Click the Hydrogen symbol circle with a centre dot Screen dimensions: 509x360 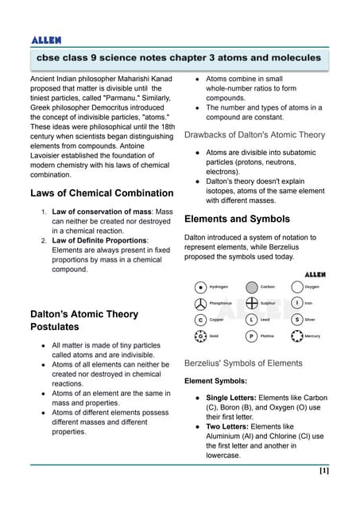(200, 286)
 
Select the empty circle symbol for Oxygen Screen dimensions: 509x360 (296, 286)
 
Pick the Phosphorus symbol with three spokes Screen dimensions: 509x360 (200, 303)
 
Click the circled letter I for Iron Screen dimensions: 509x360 (296, 303)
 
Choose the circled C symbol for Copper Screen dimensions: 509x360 (200, 320)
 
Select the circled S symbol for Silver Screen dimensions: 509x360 (296, 320)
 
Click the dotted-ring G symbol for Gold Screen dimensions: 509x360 (200, 336)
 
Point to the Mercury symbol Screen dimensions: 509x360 (296, 336)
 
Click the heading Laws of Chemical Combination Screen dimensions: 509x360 (101, 193)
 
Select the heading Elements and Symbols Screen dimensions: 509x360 (237, 219)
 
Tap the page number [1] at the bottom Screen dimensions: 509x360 (323, 471)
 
